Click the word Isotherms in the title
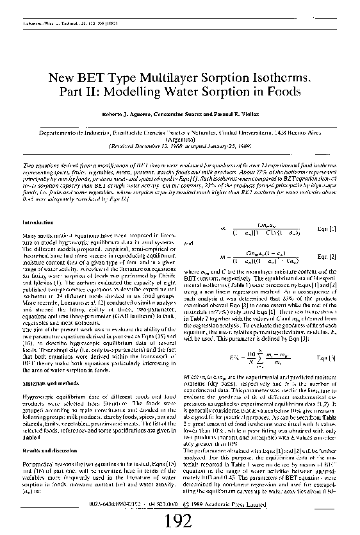click(x=279, y=78)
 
